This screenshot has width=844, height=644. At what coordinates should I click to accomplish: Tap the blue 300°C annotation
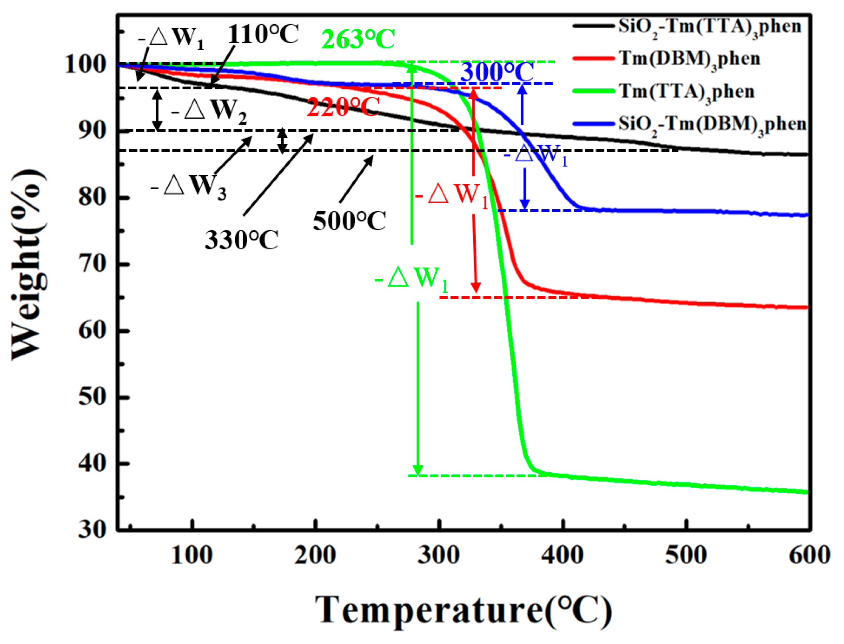point(496,72)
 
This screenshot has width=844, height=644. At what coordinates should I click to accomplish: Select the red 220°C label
point(343,107)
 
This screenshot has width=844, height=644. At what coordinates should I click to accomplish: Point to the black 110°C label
point(263,34)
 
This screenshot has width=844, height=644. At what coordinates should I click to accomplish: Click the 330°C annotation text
point(241,240)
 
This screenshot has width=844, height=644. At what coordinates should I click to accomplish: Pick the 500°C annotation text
point(349,221)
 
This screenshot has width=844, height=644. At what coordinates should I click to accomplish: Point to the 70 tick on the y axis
point(92,264)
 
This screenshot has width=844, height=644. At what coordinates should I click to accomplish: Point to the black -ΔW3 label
point(188,187)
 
